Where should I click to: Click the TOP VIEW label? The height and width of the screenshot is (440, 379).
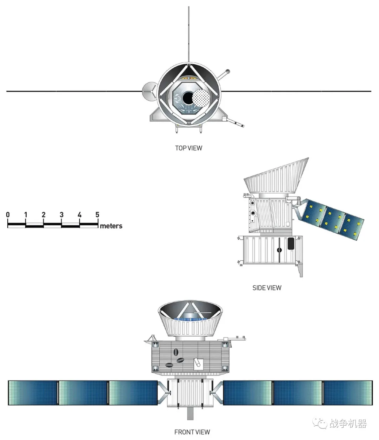[x=188, y=148]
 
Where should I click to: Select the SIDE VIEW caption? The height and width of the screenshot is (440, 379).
[x=267, y=288]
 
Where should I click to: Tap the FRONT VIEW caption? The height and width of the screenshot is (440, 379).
[x=192, y=432]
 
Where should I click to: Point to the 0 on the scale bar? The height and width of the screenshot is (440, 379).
[x=8, y=215]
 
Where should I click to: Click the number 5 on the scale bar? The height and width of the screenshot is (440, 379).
[x=97, y=215]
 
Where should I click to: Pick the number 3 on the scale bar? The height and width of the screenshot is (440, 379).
[x=61, y=215]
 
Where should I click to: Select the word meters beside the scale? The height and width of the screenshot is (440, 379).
[x=111, y=226]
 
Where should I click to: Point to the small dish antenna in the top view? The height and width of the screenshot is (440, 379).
[x=149, y=92]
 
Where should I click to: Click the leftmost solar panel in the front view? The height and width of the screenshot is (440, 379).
[x=33, y=393]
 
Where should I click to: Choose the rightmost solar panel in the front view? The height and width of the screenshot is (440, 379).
[x=347, y=393]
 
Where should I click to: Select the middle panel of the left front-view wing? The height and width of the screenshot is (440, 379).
[x=83, y=393]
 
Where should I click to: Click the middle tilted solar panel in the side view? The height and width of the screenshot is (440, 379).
[x=332, y=219]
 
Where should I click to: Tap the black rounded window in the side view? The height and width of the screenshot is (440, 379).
[x=291, y=244]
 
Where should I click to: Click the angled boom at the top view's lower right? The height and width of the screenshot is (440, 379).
[x=234, y=122]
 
